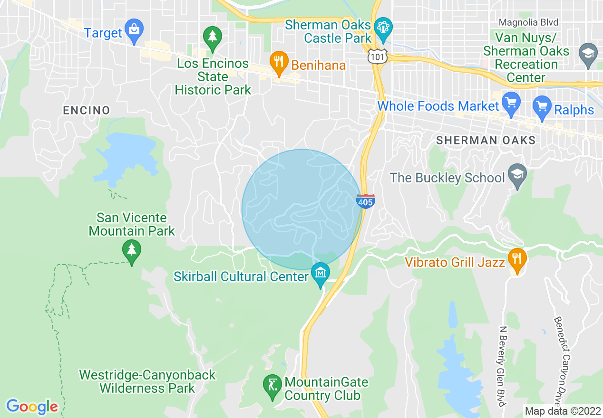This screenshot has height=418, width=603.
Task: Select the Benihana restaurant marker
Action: click(279, 62)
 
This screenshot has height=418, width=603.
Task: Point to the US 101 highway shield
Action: click(377, 56)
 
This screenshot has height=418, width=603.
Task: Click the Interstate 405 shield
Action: click(365, 201)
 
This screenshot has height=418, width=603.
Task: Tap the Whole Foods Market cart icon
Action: click(511, 103)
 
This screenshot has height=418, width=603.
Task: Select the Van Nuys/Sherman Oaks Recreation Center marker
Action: click(588, 53)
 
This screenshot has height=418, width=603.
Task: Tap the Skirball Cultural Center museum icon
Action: click(321, 273)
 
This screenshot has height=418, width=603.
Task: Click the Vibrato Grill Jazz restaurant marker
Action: click(516, 259)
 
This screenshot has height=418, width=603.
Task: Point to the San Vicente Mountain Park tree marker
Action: click(132, 249)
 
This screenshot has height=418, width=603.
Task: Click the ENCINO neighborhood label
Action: click(87, 110)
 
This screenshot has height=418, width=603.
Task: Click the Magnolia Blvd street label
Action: click(528, 22)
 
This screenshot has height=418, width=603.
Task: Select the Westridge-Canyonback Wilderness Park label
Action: click(147, 381)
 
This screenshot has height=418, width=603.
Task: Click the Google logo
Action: click(32, 407)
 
